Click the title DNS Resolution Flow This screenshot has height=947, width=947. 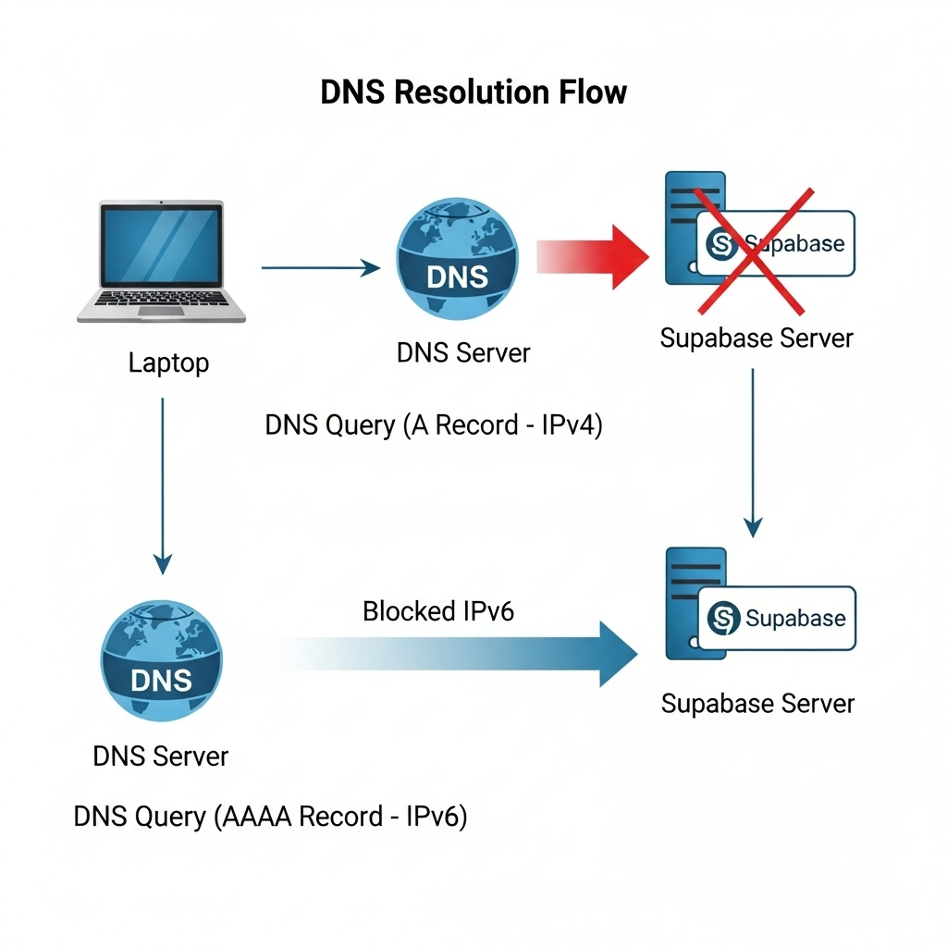pos(473,92)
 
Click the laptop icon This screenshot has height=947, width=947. pos(161,261)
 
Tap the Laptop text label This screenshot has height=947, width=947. pos(168,363)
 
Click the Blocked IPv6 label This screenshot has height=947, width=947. pos(438,611)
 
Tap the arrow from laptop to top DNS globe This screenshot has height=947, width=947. pos(320,268)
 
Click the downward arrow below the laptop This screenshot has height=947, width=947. pos(163,486)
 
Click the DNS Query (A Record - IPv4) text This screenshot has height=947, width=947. pos(434,425)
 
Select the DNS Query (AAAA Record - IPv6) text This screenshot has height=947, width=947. pos(270,817)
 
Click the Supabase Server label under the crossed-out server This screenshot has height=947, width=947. pos(756,338)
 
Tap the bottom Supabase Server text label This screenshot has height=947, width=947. pos(757,704)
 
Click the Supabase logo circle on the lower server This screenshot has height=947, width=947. pos(723,618)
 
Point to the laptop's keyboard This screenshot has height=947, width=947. pos(161,300)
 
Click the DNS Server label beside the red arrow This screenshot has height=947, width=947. pos(463,352)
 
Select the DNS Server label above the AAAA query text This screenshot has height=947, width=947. pos(161,756)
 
